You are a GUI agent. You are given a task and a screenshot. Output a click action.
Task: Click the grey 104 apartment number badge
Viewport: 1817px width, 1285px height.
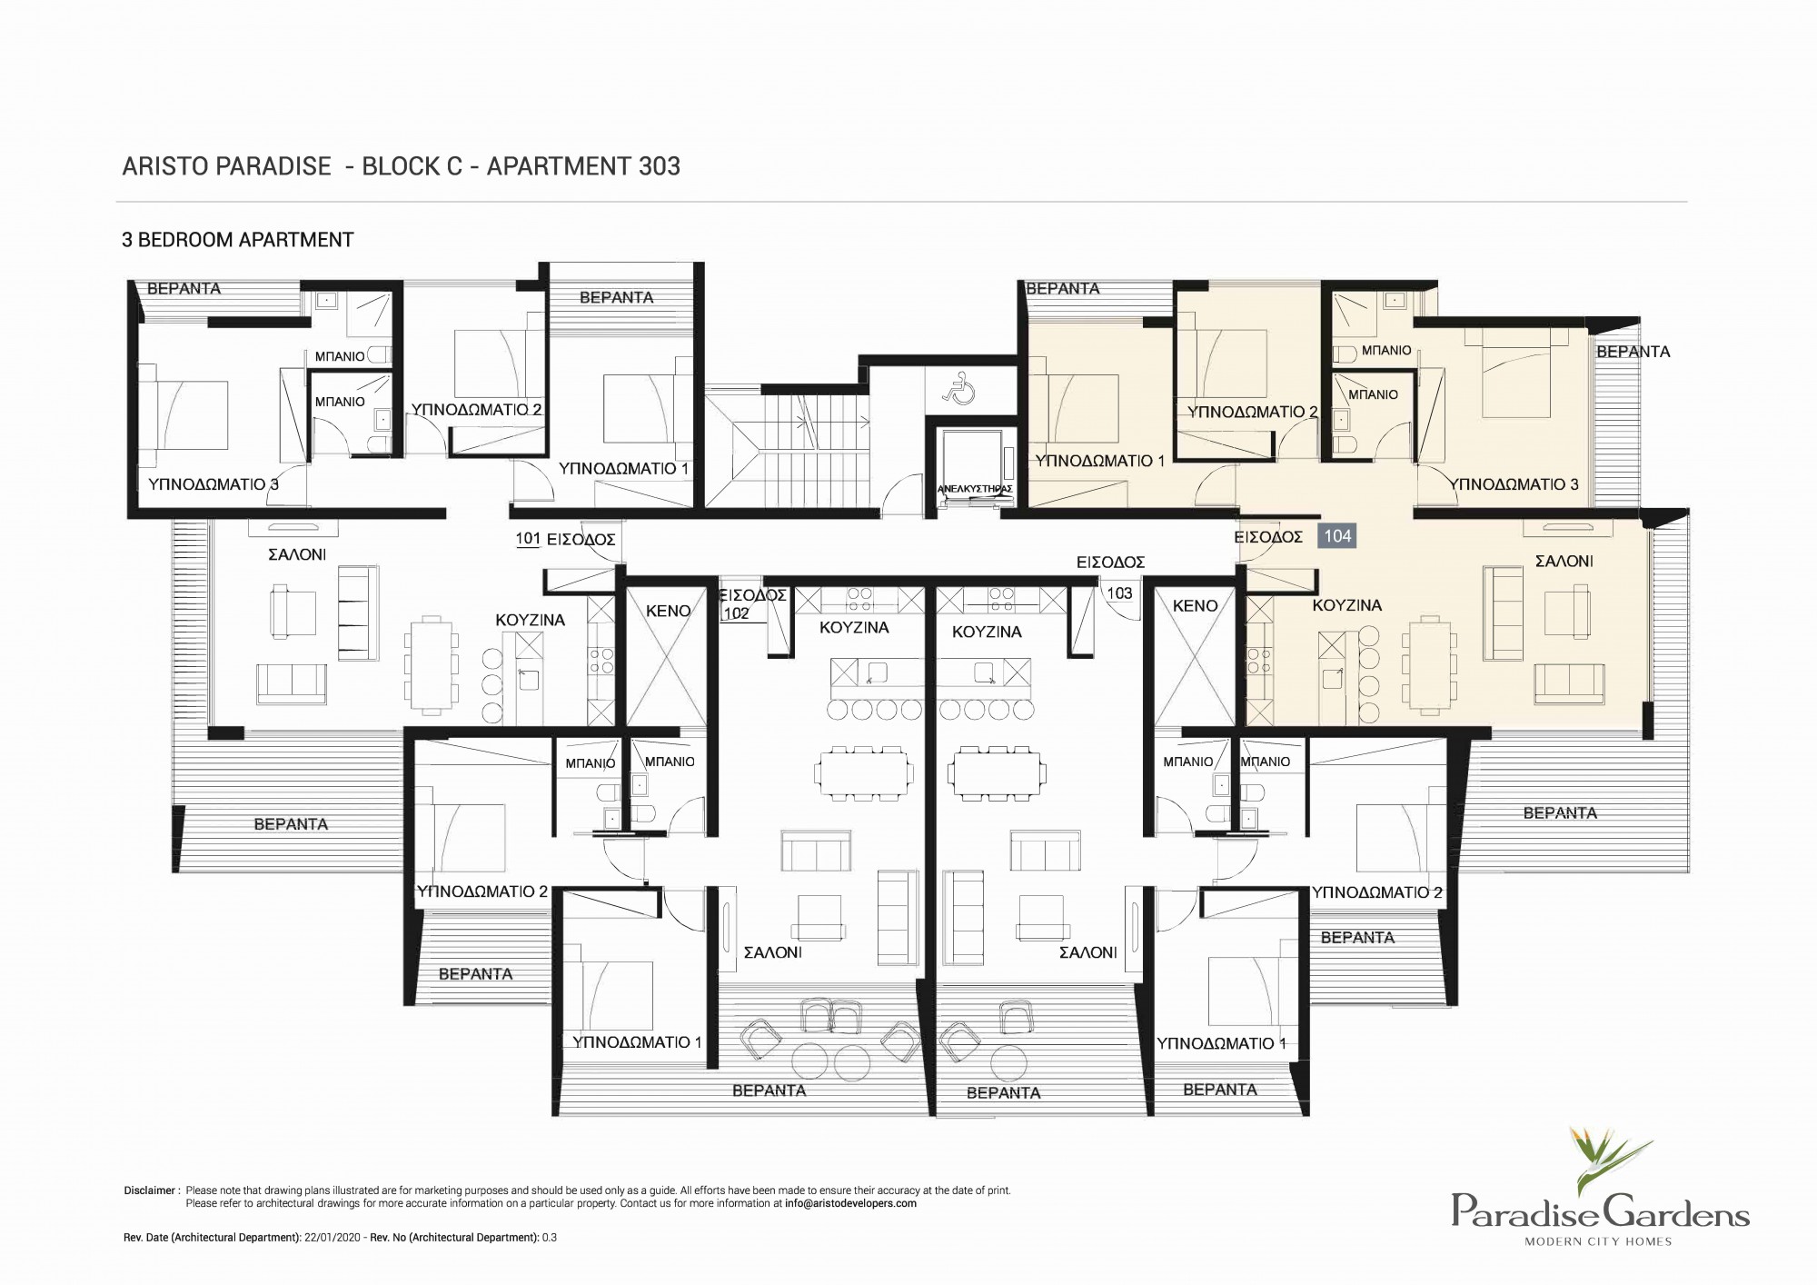[1337, 536]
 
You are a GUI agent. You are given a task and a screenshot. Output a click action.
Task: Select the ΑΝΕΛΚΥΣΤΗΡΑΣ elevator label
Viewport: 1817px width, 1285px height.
[974, 488]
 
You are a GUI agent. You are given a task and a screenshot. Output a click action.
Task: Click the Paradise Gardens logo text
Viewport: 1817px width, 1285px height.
[1600, 1211]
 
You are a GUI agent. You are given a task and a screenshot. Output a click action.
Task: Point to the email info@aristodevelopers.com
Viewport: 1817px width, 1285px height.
[850, 1203]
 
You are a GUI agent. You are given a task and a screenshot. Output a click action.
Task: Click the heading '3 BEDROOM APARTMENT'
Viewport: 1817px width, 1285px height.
[238, 240]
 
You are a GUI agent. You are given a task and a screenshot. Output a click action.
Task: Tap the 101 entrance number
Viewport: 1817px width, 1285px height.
[528, 538]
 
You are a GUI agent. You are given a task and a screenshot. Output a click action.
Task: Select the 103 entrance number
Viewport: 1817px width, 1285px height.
[1119, 593]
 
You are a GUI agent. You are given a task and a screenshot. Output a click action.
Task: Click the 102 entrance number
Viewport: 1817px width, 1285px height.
[737, 613]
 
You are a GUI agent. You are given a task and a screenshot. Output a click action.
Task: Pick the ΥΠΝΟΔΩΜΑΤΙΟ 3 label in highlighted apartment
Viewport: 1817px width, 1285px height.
[1515, 484]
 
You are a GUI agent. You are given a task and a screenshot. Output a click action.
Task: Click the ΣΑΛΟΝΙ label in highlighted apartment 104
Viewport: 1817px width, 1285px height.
[1564, 562]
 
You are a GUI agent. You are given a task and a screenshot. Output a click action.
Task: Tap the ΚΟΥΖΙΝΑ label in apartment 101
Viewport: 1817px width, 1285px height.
[530, 620]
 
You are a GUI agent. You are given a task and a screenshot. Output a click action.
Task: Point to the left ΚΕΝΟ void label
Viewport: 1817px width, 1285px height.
[669, 612]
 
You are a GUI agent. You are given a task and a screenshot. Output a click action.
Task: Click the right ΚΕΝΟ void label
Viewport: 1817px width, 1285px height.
[1195, 605]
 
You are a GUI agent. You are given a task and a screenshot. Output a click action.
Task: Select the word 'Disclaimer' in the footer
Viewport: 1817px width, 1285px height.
[150, 1190]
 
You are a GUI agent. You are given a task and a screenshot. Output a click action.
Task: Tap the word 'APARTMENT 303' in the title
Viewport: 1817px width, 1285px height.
[583, 166]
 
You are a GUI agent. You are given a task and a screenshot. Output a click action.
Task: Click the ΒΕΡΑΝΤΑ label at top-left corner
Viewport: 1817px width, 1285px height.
[184, 288]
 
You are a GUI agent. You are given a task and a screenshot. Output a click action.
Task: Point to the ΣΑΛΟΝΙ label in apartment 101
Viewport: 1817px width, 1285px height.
[297, 554]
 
